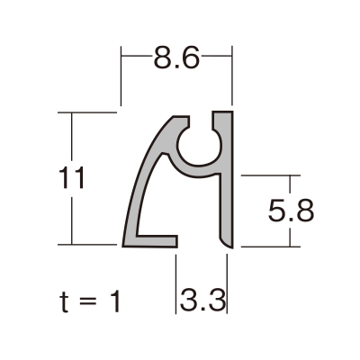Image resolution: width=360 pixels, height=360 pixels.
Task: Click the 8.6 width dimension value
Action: (x=176, y=58)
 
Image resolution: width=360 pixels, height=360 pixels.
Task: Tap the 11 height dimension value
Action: (x=71, y=178)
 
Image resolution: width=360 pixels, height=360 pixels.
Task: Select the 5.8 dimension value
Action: (x=291, y=211)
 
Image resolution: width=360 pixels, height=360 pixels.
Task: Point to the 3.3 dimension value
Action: (x=202, y=300)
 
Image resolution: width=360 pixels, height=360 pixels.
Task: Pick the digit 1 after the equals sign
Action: (x=115, y=301)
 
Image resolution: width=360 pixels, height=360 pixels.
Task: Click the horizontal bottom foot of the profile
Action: (x=151, y=241)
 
